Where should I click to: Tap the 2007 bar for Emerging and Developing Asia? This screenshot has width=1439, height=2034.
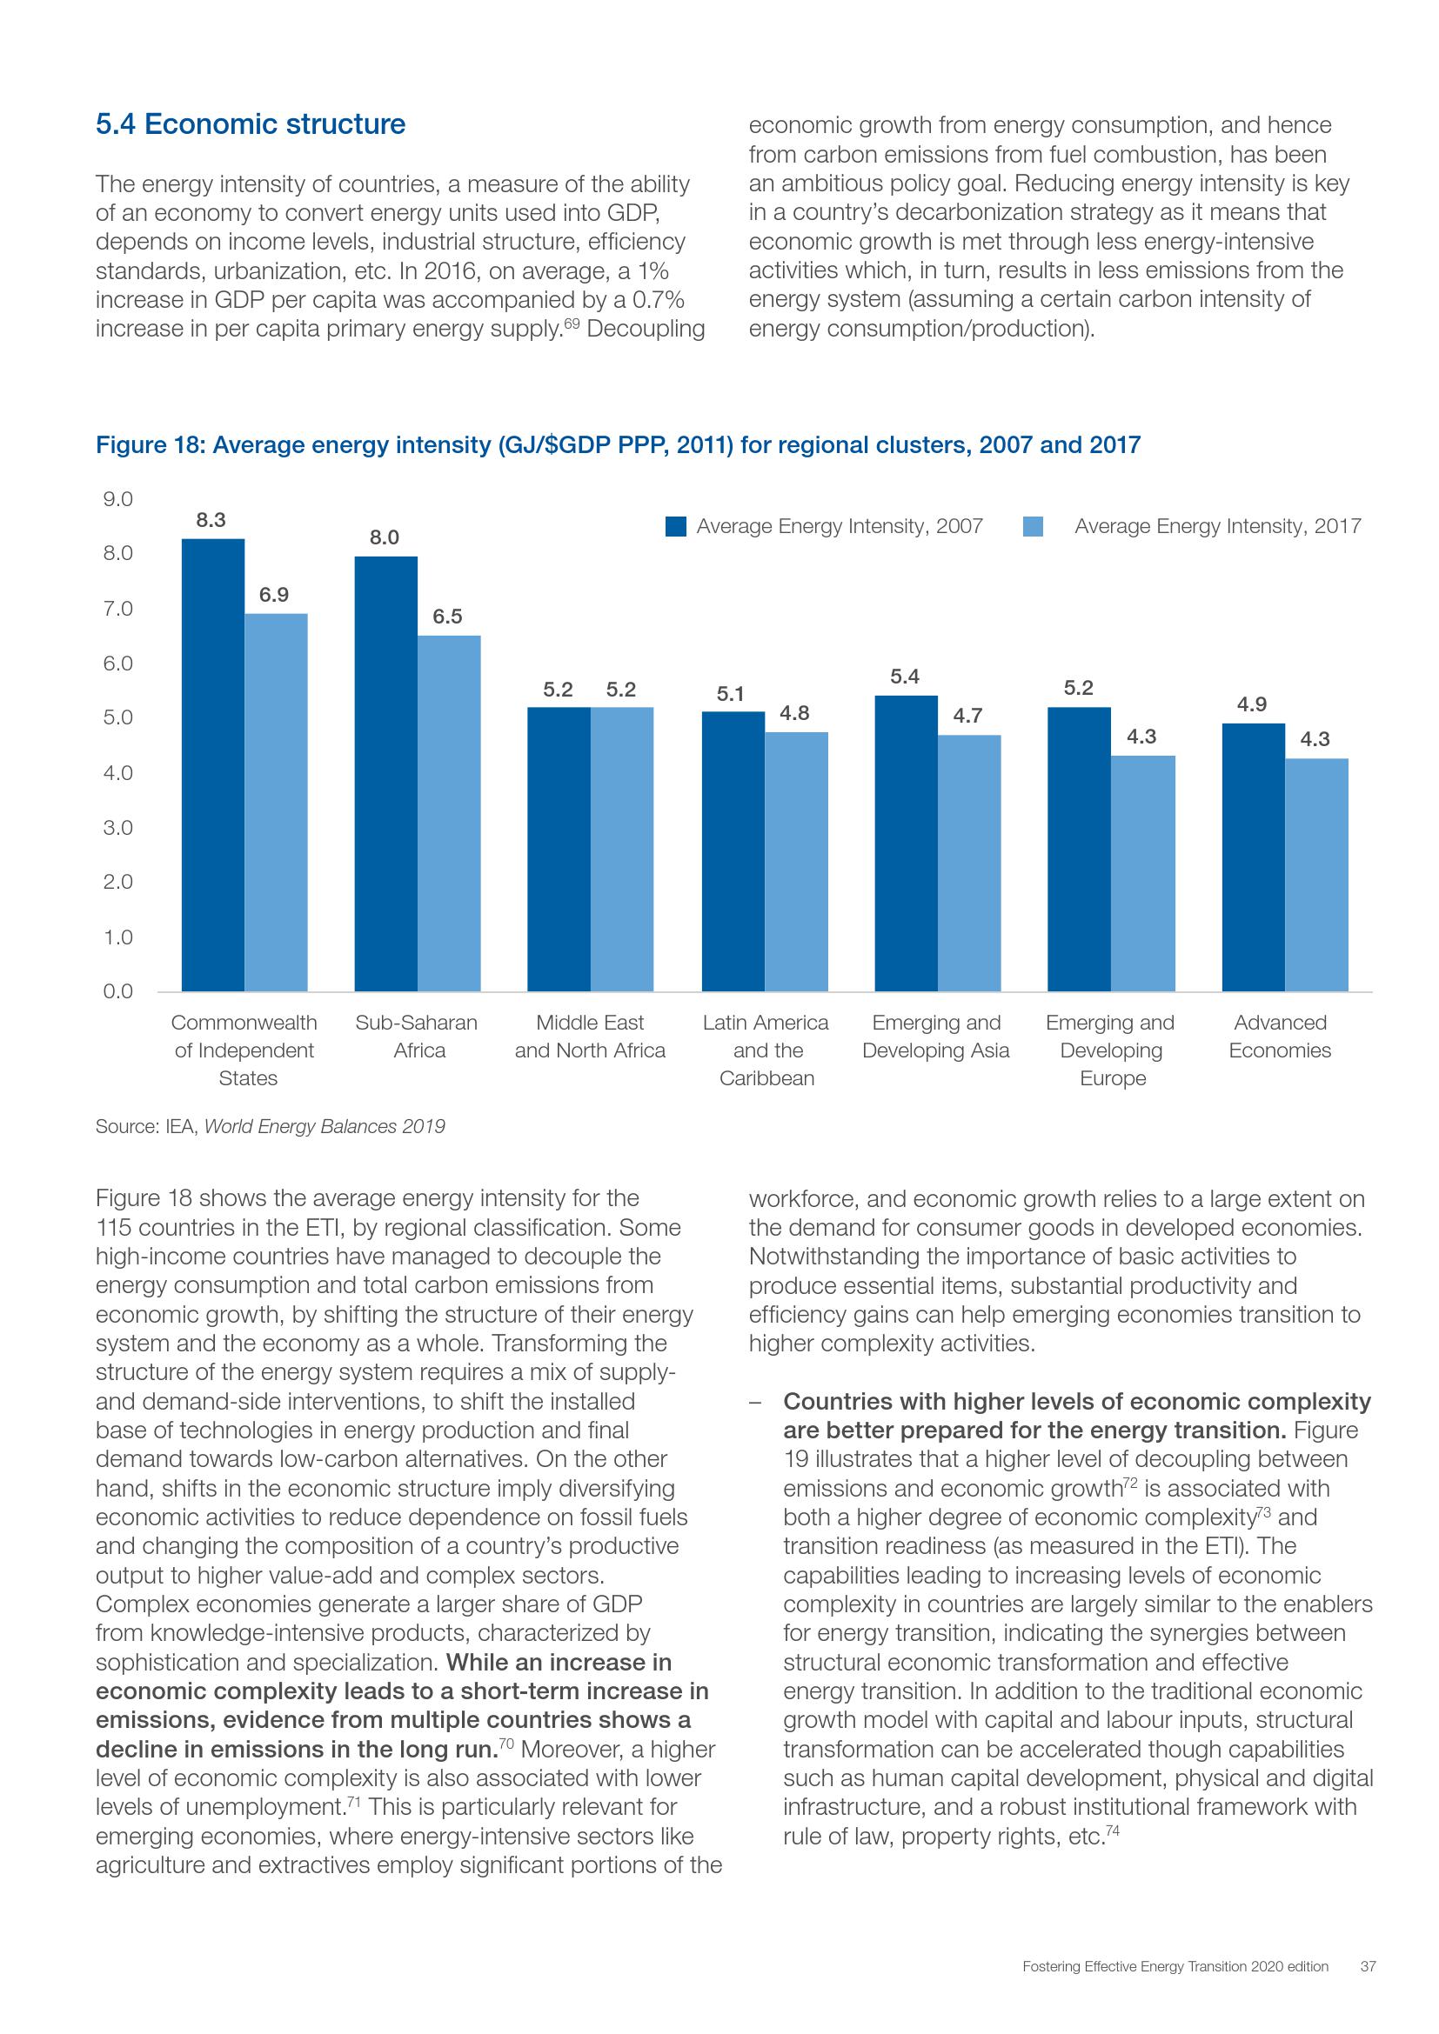(906, 844)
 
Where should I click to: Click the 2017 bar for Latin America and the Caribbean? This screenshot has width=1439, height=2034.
(797, 861)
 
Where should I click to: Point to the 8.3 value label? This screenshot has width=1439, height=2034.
(211, 520)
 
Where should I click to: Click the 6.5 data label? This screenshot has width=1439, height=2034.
(447, 617)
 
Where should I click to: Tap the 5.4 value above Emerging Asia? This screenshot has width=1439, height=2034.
(905, 677)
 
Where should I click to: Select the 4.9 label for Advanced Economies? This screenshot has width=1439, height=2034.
(1252, 704)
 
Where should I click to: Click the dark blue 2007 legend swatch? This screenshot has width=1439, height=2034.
(676, 527)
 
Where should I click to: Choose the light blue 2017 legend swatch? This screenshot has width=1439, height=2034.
(1033, 527)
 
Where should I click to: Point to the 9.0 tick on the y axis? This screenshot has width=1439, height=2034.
(117, 500)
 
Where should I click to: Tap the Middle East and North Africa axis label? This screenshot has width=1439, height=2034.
(590, 1037)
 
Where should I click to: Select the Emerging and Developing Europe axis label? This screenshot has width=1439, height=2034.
(1111, 1050)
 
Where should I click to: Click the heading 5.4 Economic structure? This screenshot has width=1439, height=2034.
(250, 124)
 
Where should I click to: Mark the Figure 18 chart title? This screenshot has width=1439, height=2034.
(618, 444)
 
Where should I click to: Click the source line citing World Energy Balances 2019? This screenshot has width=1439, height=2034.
(271, 1127)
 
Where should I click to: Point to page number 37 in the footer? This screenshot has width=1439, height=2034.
(1368, 1991)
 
